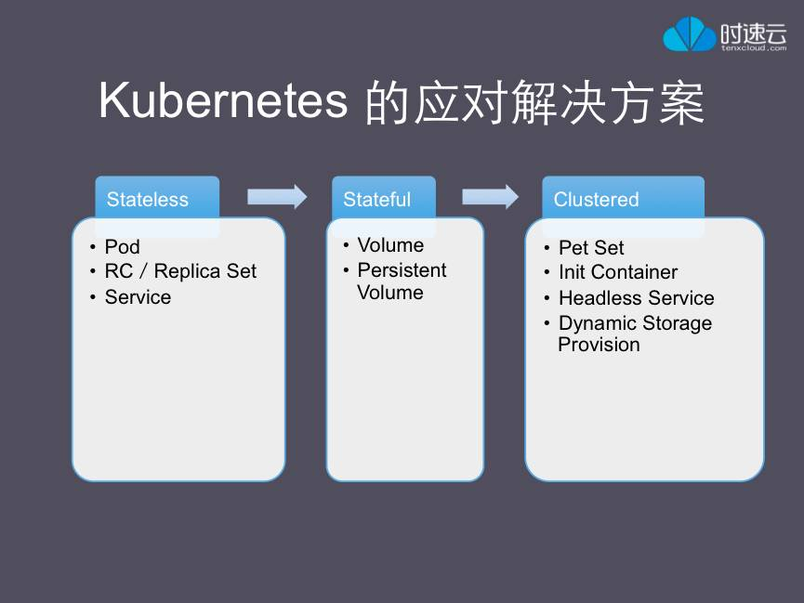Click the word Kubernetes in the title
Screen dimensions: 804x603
pos(224,100)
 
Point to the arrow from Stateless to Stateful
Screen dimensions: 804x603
pos(277,196)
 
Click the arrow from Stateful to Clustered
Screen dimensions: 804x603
pos(490,196)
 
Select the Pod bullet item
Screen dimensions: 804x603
pos(122,246)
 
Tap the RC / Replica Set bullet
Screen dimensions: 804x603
pos(180,271)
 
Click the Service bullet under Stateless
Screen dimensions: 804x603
pos(138,297)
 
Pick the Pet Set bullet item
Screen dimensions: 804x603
pos(591,248)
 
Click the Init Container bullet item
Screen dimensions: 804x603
pos(618,271)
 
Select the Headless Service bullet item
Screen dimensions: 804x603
pos(637,298)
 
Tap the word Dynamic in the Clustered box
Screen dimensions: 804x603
pos(598,323)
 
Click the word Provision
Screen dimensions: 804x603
pos(599,345)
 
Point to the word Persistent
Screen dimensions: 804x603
pos(402,270)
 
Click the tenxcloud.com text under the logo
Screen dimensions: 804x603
pos(754,47)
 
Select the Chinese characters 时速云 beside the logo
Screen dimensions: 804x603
pos(753,33)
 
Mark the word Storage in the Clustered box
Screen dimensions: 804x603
pos(677,323)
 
